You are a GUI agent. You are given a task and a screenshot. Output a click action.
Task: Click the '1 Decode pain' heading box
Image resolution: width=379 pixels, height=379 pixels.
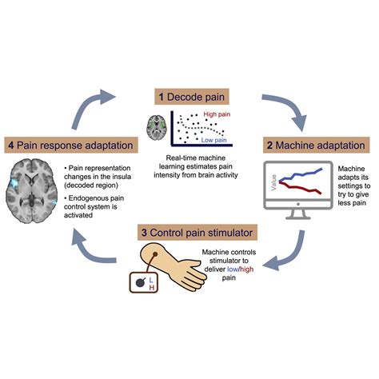pyautogui.click(x=192, y=97)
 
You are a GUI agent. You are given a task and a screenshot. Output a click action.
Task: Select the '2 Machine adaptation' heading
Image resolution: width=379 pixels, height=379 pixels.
pyautogui.click(x=316, y=146)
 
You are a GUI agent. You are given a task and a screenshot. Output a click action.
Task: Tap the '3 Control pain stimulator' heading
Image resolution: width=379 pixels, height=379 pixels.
pyautogui.click(x=197, y=233)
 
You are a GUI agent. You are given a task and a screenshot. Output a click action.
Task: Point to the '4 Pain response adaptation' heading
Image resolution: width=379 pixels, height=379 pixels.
pyautogui.click(x=71, y=146)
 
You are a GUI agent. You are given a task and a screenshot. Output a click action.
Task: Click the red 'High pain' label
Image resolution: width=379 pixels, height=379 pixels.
pyautogui.click(x=217, y=114)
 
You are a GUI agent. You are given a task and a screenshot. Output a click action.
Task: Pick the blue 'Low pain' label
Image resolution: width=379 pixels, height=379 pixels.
pyautogui.click(x=213, y=140)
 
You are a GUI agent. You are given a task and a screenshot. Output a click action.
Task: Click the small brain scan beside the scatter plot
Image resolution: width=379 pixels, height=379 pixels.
pyautogui.click(x=157, y=127)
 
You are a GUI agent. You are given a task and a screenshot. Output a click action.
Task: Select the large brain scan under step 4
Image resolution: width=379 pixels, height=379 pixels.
pyautogui.click(x=32, y=191)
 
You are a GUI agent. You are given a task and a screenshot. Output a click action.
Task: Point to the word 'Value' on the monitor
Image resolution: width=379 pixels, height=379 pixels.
pyautogui.click(x=273, y=182)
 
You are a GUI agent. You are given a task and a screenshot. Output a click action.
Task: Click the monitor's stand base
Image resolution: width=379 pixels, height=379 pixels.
pyautogui.click(x=298, y=217)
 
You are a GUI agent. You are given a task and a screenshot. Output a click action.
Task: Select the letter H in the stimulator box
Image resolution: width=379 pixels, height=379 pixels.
pyautogui.click(x=152, y=288)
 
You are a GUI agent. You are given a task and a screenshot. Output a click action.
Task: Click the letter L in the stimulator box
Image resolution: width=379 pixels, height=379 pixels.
pyautogui.click(x=151, y=280)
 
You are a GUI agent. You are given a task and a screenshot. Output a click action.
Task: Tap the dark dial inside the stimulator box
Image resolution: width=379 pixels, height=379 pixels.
pyautogui.click(x=140, y=282)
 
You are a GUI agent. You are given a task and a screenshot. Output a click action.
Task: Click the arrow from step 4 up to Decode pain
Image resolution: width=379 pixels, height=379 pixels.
pyautogui.click(x=86, y=106)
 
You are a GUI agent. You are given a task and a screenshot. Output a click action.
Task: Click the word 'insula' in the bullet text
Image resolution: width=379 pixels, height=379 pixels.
pyautogui.click(x=122, y=177)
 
